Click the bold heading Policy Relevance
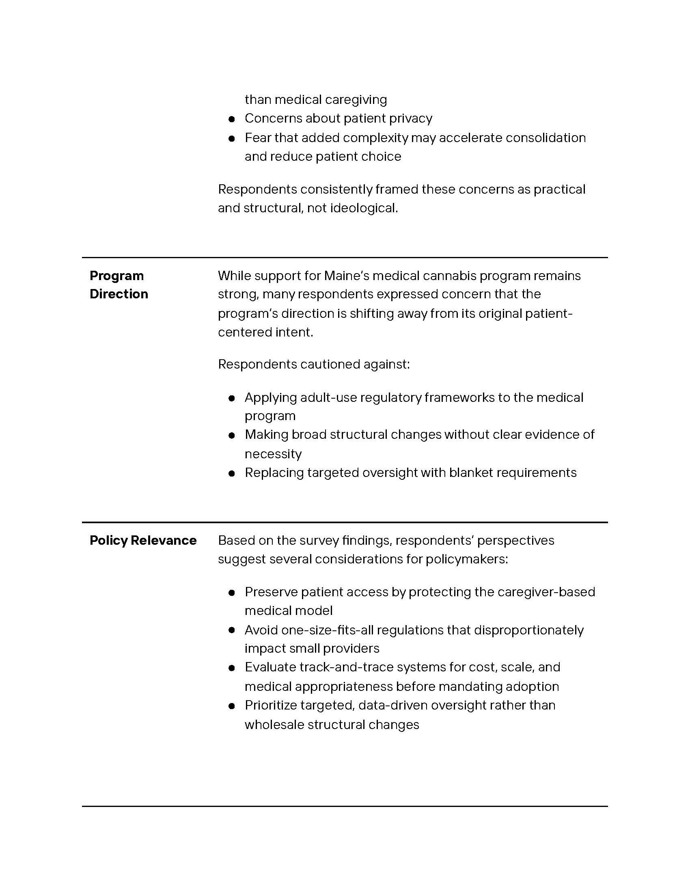(x=143, y=541)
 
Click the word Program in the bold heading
(x=116, y=276)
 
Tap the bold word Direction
(x=119, y=294)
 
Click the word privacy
(x=410, y=119)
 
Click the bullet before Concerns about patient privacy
(x=232, y=119)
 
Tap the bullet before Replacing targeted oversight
(x=232, y=474)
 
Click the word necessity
(x=273, y=454)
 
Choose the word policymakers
(x=466, y=559)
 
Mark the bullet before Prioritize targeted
(x=232, y=706)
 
